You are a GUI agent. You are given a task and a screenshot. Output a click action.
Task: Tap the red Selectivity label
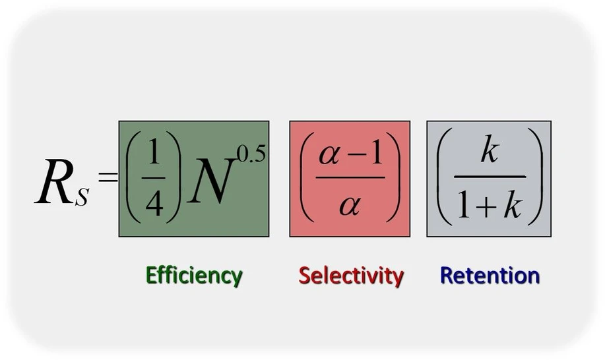point(351,276)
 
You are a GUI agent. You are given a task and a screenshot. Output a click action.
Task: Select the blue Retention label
point(490,275)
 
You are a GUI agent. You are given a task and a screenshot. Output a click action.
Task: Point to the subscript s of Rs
point(81,196)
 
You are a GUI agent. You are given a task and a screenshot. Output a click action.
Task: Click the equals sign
point(108,177)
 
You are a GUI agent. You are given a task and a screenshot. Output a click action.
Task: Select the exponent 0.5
point(251,154)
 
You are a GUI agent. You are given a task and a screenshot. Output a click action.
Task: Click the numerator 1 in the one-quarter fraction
point(154,153)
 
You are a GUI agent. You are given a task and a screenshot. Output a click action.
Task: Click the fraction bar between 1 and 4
point(153,179)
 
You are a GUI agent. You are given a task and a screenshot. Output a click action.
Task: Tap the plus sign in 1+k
point(486,206)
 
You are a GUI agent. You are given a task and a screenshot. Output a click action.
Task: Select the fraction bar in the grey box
point(490,177)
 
